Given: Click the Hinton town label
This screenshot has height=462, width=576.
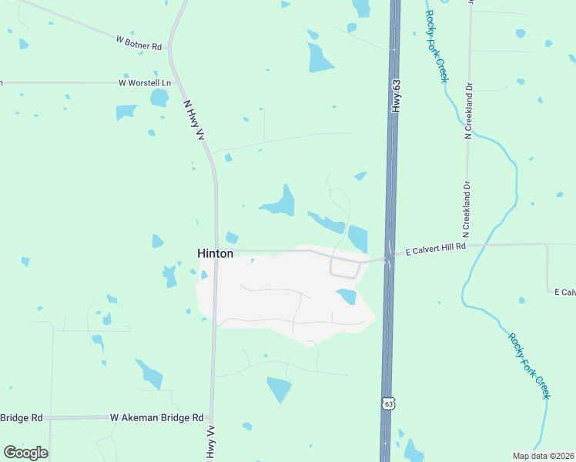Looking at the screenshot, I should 215,253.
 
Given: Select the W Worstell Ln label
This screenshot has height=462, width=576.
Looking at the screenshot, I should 144,82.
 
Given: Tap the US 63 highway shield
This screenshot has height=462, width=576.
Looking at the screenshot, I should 389,403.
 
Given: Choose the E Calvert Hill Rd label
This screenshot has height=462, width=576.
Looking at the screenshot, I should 436,247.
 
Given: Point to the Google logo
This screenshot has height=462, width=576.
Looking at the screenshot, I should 25,453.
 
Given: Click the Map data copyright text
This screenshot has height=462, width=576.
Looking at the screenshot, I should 542,456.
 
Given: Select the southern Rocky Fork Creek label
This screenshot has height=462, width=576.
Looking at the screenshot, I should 529,365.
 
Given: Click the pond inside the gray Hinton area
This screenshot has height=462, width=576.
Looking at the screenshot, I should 347,296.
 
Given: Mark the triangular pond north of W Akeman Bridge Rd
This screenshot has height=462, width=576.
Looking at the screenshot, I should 279,389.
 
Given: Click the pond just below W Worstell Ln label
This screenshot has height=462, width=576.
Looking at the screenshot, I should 159,98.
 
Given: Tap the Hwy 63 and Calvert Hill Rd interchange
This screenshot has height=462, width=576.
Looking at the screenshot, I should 390,257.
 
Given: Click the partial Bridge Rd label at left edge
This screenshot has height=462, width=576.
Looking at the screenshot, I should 21,417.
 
